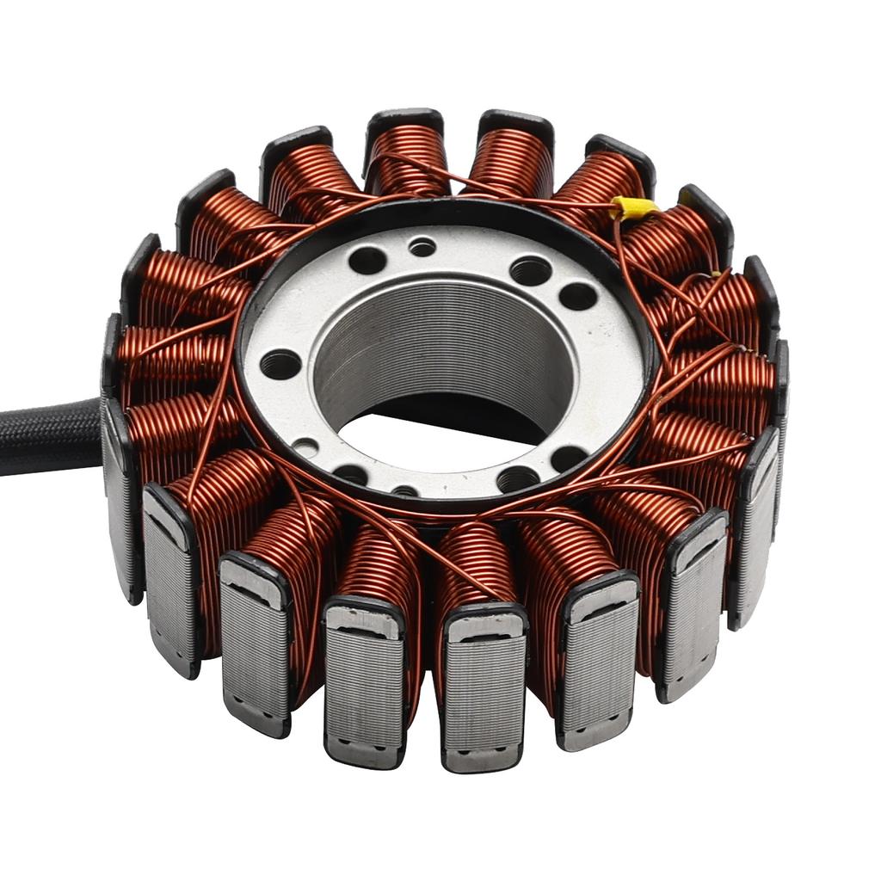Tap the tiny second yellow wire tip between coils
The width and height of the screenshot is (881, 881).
(716, 274)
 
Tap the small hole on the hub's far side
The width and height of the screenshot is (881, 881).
(422, 248)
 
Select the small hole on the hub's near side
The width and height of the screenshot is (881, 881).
(404, 491)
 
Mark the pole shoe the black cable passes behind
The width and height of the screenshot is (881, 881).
(120, 499)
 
